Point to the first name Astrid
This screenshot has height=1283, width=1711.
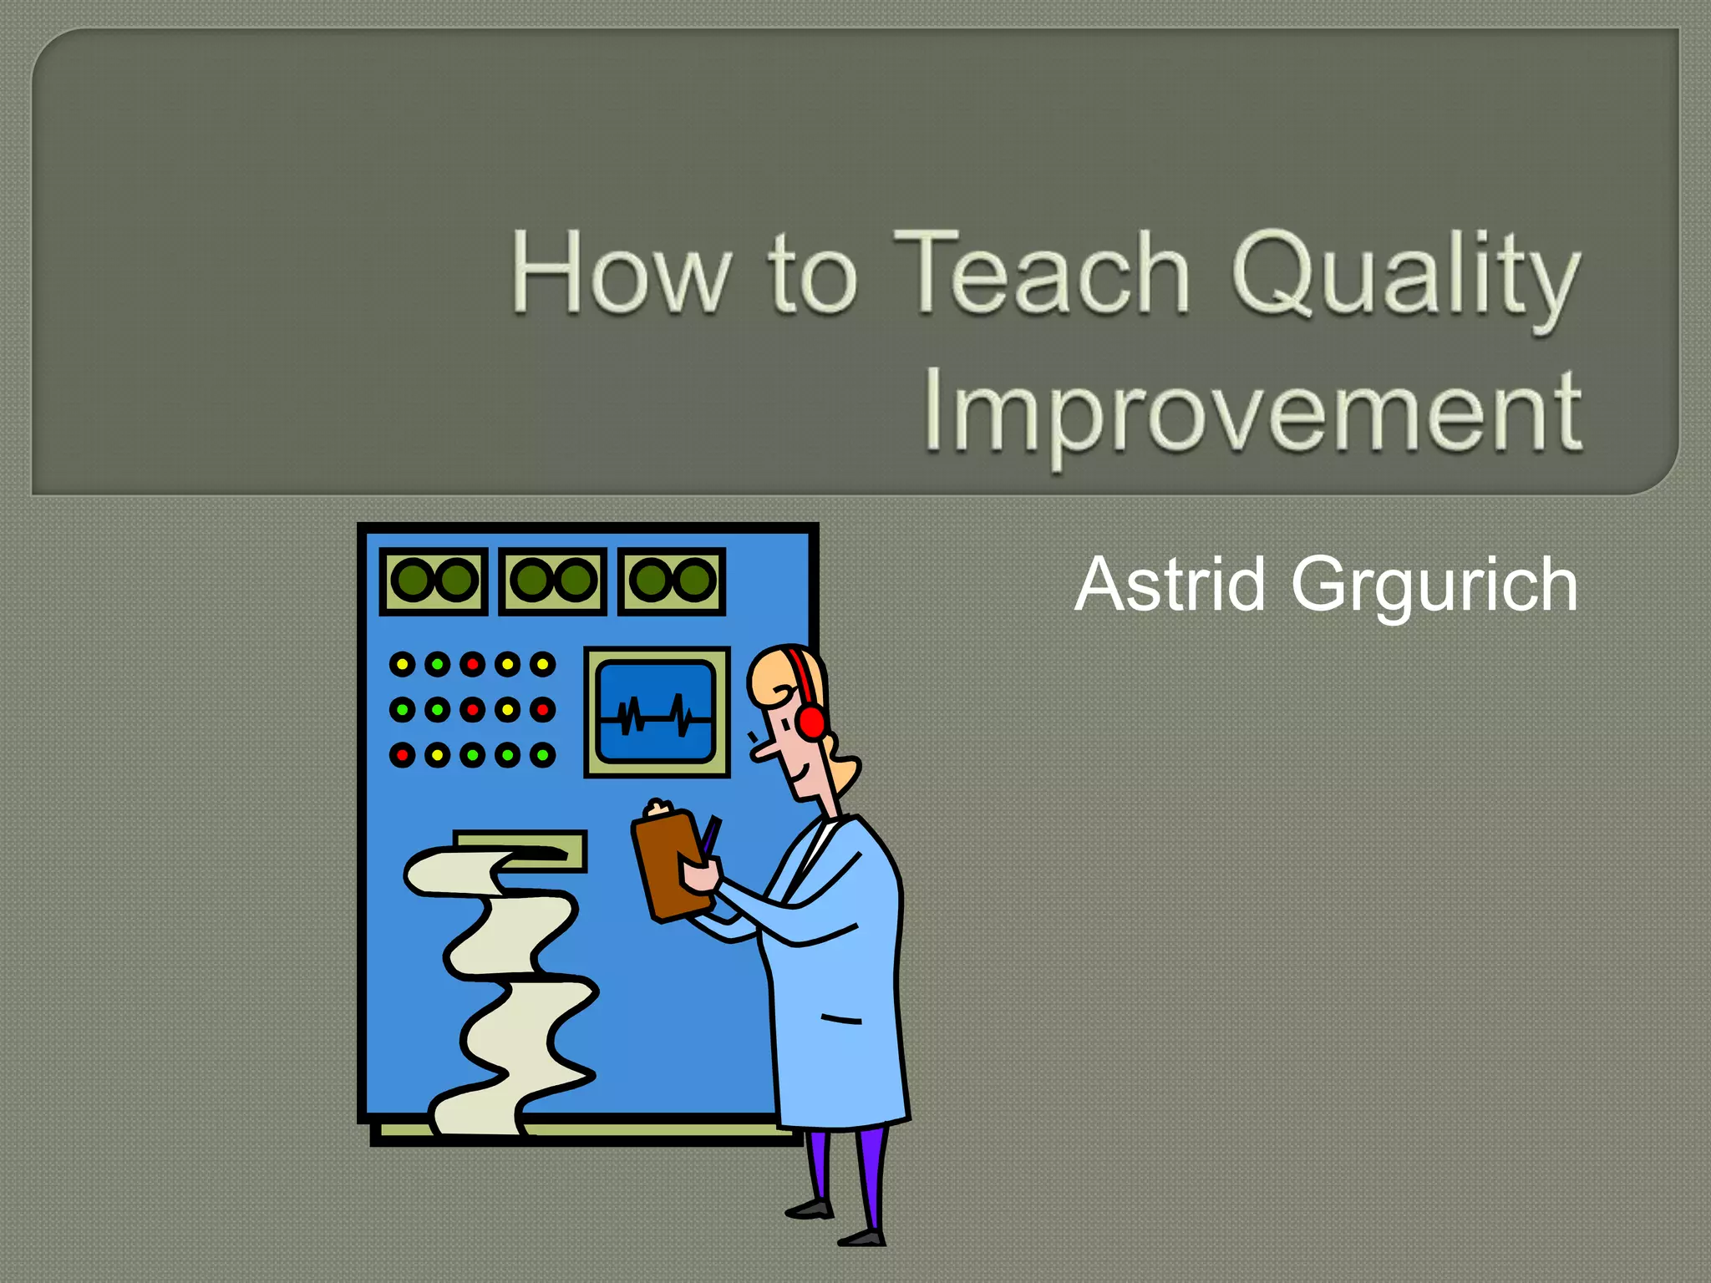click(1170, 585)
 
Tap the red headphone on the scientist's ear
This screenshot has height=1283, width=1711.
click(810, 721)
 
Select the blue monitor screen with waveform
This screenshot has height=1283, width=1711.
click(657, 712)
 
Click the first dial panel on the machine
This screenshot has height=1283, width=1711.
click(434, 581)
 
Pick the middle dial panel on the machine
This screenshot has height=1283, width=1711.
click(552, 581)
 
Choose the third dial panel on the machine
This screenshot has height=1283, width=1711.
click(672, 581)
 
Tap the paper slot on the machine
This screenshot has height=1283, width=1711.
click(520, 850)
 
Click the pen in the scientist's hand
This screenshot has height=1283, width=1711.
click(710, 835)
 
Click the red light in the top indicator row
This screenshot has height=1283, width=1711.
click(472, 664)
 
